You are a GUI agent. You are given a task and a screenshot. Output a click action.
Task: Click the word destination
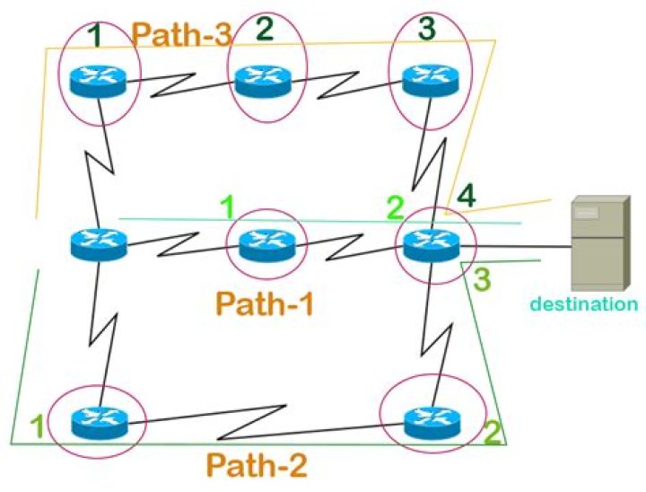584,304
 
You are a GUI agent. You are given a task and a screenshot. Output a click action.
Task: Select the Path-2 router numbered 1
95,420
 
